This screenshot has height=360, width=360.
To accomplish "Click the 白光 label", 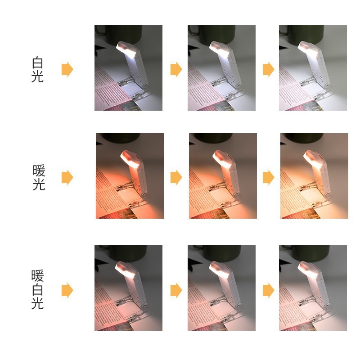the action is (37, 69).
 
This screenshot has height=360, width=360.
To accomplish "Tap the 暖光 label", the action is (39, 177).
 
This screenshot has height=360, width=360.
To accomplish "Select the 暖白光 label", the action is (37, 290).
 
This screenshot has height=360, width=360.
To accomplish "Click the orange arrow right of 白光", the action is (67, 69).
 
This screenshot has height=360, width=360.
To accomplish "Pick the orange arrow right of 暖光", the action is (67, 177).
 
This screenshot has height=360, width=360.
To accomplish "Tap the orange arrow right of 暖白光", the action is (67, 290).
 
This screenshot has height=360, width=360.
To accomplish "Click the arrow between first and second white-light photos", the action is (176, 69).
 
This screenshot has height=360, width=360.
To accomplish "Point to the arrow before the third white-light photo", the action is (268, 69).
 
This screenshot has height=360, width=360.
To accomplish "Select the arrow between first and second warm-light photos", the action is (176, 177).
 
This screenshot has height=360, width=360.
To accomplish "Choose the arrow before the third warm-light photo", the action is (268, 177).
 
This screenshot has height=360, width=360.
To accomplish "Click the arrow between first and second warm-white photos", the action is (176, 290).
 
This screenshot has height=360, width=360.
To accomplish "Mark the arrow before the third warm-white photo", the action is (268, 290).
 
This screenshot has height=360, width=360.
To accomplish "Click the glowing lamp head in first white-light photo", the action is (127, 49).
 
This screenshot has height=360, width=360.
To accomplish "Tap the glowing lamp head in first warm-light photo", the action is (130, 159).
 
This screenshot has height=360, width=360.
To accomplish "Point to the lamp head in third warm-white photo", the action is (308, 270).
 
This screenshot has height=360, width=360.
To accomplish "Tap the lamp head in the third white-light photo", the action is (309, 49).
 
